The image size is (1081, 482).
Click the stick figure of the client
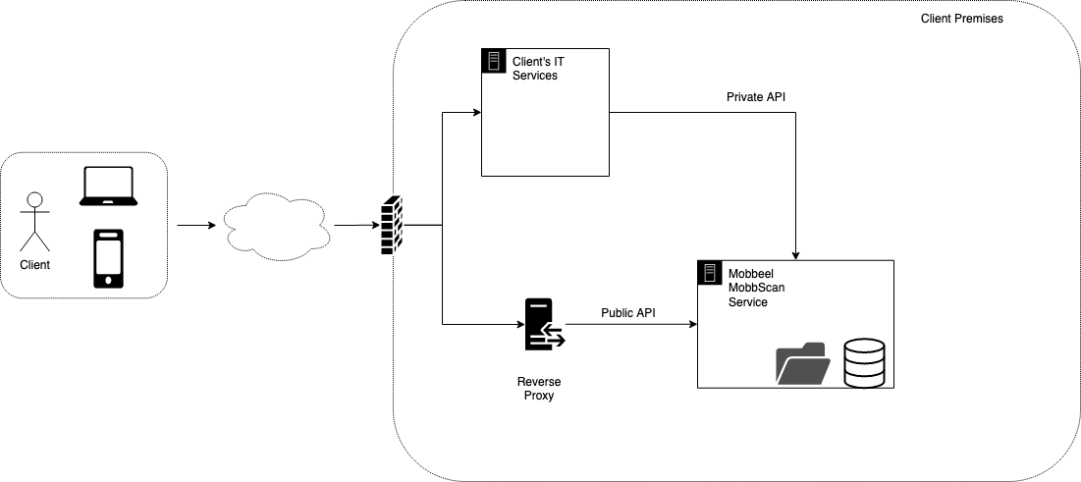35,221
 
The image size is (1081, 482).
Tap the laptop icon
108,187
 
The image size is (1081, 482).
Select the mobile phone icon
108,258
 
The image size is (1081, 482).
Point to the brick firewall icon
391,226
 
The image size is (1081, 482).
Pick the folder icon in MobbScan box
803,364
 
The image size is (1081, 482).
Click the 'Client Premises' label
961,19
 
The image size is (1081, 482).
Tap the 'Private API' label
755,97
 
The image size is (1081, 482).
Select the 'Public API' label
628,313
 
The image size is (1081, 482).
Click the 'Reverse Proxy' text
540,388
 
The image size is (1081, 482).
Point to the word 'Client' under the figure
34,265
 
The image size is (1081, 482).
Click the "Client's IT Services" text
539,69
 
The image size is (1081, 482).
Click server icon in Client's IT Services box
494,61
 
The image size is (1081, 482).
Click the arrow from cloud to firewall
356,226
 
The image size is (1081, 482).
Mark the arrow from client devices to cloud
195,226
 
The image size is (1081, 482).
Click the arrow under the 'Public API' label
628,324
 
